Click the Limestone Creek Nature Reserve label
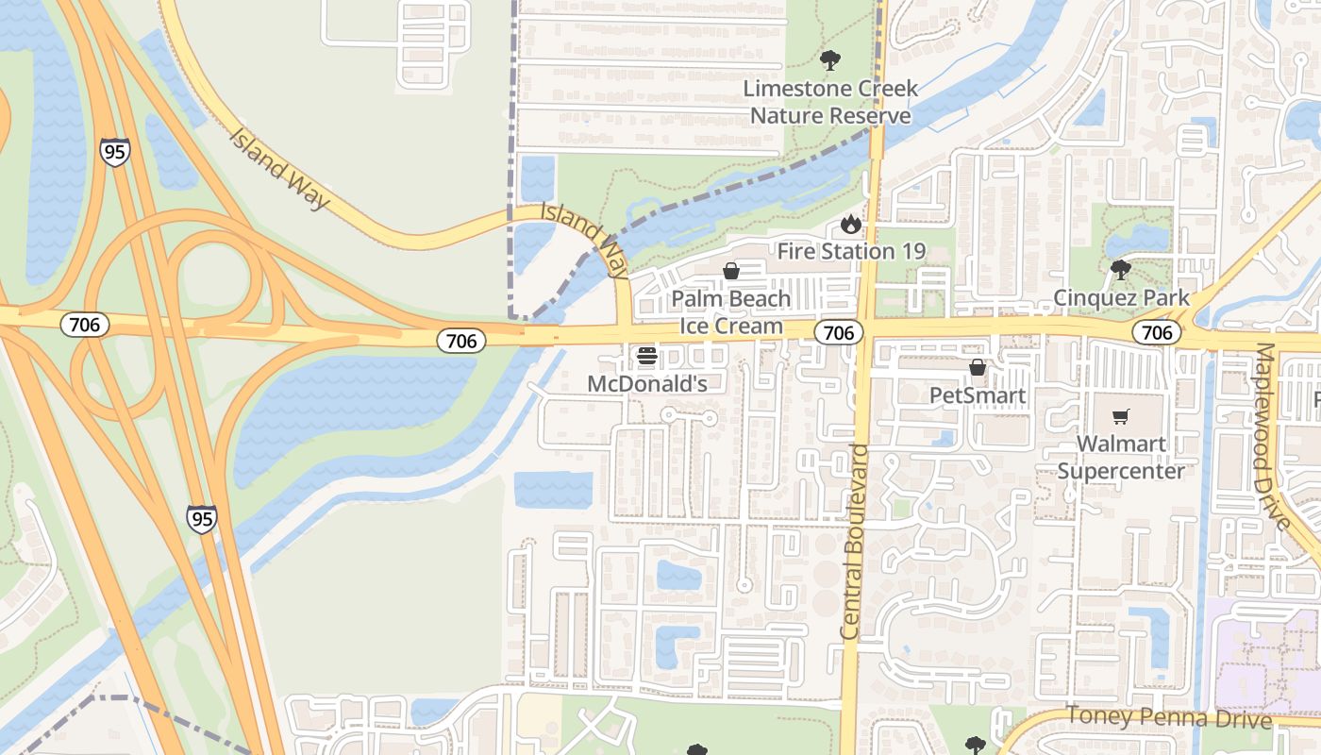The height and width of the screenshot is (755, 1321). click(829, 102)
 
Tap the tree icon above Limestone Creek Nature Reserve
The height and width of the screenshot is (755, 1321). click(829, 61)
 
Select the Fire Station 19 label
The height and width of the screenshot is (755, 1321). click(851, 251)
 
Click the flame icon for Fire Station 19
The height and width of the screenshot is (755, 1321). click(851, 225)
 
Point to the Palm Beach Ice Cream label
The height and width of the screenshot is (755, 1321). click(731, 312)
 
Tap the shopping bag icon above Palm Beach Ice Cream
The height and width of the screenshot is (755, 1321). click(731, 272)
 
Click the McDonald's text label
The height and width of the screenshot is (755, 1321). click(646, 383)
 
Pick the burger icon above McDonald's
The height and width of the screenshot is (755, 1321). click(646, 356)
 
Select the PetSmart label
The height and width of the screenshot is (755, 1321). click(978, 394)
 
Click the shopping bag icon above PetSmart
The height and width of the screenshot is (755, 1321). click(978, 367)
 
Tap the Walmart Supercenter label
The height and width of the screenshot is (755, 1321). click(1121, 457)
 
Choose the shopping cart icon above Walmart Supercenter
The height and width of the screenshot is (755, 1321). click(1121, 416)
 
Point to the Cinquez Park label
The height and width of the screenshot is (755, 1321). click(1121, 298)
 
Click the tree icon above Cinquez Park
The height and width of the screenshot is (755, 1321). click(1121, 271)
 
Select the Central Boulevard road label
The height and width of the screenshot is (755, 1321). click(856, 543)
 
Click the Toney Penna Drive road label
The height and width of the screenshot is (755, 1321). click(1169, 718)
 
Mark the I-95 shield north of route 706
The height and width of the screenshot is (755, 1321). click(114, 152)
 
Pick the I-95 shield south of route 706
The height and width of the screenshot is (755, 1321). click(201, 518)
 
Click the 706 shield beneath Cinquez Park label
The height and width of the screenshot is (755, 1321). click(1157, 332)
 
